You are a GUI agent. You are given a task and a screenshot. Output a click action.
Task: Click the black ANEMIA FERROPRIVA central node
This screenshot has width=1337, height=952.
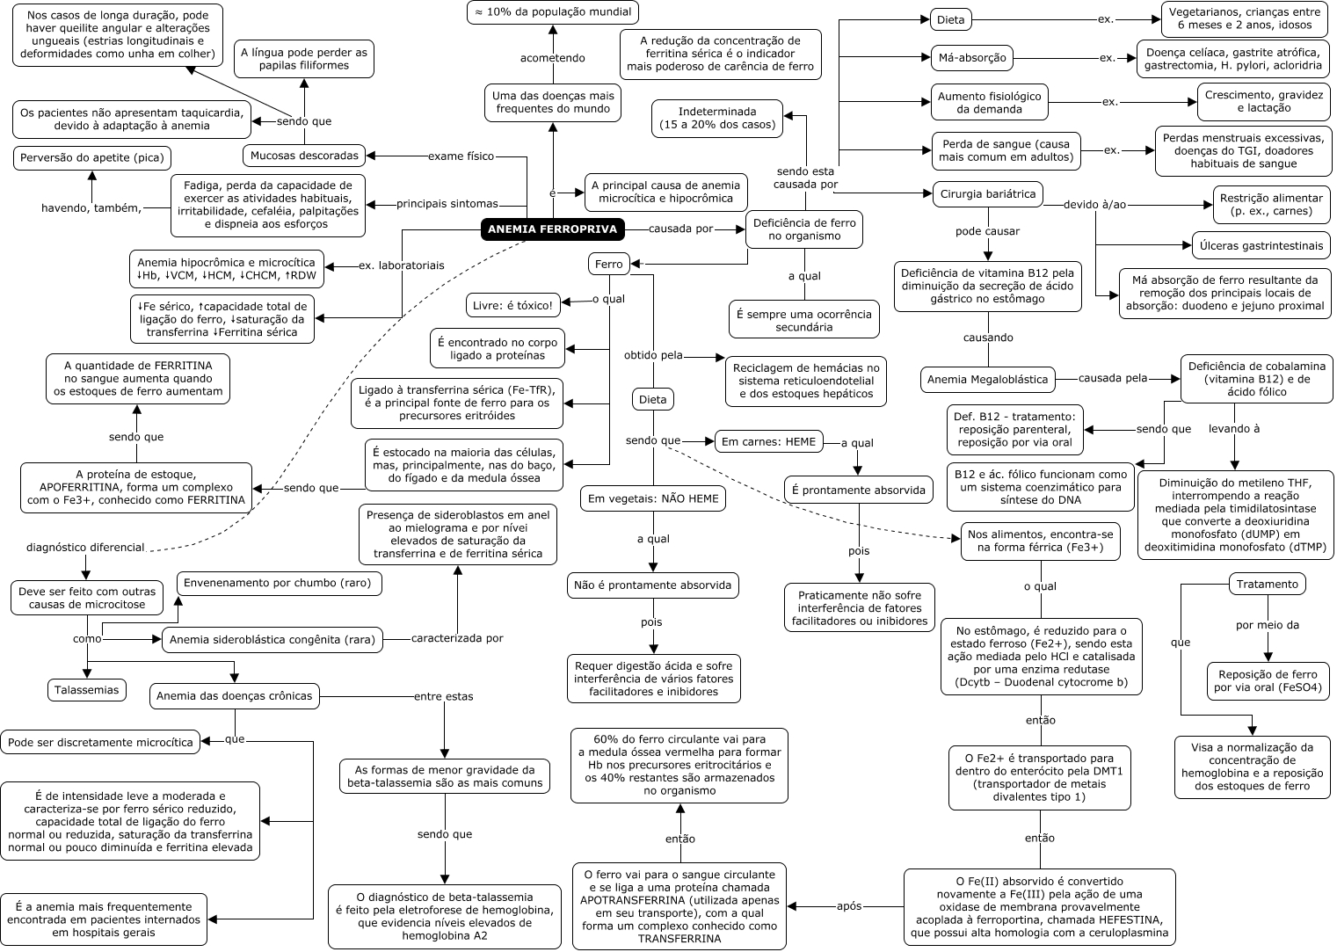point(553,229)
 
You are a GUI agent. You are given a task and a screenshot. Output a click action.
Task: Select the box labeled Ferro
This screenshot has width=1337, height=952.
point(608,264)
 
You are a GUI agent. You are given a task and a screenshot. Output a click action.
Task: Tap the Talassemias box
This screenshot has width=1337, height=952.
point(86,690)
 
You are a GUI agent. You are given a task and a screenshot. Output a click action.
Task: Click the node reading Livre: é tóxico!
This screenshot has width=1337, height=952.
point(512,305)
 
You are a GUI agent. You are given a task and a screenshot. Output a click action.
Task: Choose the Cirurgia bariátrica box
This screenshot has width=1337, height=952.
point(988,194)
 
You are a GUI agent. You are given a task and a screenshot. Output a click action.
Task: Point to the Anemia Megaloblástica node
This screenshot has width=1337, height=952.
point(987,380)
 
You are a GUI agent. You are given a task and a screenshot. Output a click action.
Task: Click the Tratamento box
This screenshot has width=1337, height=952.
point(1267,584)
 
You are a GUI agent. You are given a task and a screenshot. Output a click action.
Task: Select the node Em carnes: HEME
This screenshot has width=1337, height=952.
point(768,441)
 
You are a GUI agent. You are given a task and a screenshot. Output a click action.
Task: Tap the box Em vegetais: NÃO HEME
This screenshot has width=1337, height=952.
point(653,498)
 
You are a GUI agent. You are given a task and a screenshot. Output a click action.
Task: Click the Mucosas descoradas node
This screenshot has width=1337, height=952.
point(304,156)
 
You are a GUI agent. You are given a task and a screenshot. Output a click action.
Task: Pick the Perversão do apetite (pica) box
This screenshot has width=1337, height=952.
point(92,158)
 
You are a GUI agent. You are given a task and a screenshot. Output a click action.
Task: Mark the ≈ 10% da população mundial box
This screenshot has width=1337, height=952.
point(553,12)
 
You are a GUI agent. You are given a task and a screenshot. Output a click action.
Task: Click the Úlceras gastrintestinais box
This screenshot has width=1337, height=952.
point(1261,245)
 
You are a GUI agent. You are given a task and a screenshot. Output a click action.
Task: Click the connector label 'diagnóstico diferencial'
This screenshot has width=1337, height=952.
point(85,548)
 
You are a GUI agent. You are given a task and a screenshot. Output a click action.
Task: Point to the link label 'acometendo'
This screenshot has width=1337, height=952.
point(552,58)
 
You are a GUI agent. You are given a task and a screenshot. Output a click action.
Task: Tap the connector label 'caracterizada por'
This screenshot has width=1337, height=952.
point(457,638)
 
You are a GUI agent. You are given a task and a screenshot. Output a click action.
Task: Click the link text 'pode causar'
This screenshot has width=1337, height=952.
point(987,231)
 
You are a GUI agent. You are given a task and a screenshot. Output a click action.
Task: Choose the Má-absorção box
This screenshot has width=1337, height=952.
point(972,58)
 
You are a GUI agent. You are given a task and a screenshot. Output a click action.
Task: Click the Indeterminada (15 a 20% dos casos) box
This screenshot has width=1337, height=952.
point(717,118)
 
